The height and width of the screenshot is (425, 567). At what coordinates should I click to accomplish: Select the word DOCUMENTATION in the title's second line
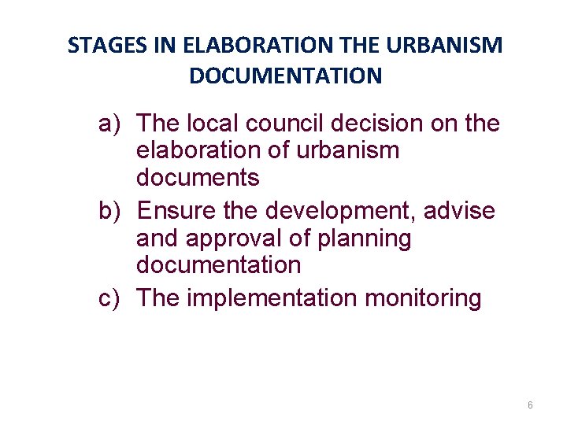[285, 76]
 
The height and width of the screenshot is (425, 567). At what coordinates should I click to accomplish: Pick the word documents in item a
[198, 178]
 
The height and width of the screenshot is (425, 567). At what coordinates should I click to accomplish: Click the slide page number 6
[530, 405]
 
